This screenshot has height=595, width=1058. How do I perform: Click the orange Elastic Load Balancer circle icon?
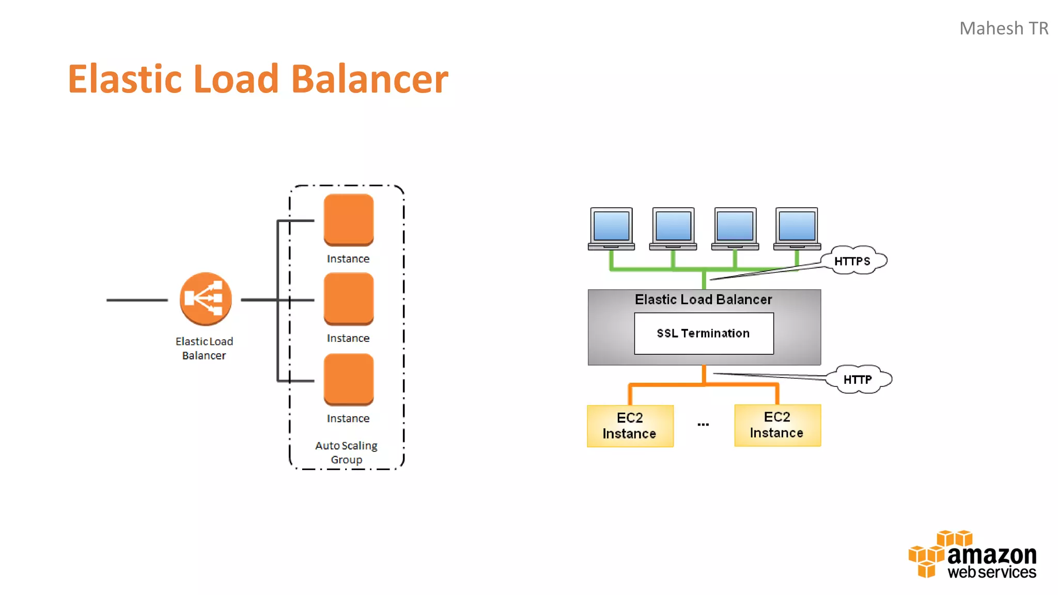point(206,299)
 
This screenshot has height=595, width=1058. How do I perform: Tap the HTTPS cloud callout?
point(853,261)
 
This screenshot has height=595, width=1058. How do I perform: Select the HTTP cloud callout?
point(858,380)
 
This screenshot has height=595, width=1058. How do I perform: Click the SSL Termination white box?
point(704,334)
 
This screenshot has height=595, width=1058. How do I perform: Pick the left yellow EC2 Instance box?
point(630,426)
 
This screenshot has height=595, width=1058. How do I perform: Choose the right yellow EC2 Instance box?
point(777,425)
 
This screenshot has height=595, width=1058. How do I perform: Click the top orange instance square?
point(349,219)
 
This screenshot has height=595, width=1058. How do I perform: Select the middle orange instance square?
point(349,299)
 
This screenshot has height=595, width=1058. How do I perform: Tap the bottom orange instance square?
point(349,379)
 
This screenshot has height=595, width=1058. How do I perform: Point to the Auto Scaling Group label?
point(346,452)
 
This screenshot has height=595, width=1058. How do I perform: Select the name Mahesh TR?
point(1003,28)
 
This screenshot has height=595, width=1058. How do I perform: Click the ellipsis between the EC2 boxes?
point(703,425)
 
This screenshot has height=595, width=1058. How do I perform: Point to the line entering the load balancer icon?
point(137,300)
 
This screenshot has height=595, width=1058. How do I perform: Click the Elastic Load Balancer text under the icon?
point(204,348)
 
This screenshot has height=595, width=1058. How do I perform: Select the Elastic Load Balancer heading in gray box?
point(703,300)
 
